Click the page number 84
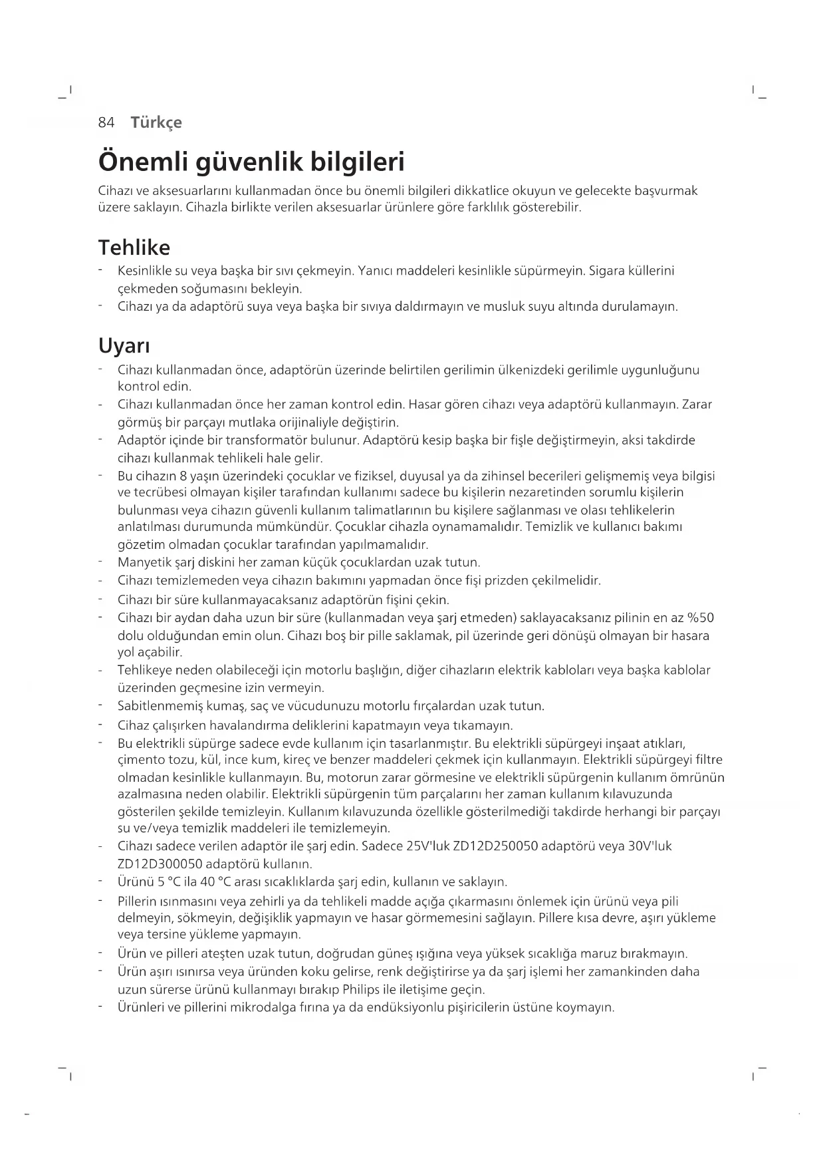(106, 122)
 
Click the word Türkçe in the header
(156, 122)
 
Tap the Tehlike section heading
(134, 248)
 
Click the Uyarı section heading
(124, 346)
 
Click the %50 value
(700, 618)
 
